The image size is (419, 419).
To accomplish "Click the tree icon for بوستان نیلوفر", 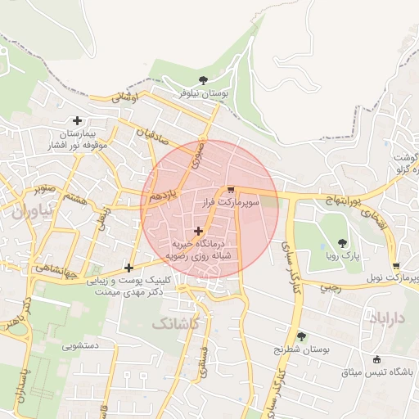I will (203, 79).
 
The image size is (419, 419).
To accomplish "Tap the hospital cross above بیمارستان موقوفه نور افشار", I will (78, 120).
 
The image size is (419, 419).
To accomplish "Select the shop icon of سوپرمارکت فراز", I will (230, 187).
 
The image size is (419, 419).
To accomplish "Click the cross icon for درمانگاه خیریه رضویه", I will (199, 232).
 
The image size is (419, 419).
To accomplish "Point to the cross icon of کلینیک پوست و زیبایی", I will (128, 268).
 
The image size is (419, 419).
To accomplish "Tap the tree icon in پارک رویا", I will (342, 243).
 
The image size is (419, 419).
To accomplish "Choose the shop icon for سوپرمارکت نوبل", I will (396, 266).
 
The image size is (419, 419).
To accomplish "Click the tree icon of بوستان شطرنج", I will (301, 336).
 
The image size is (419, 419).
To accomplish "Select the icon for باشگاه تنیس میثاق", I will (376, 359).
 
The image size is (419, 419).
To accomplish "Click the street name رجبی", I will (330, 287).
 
